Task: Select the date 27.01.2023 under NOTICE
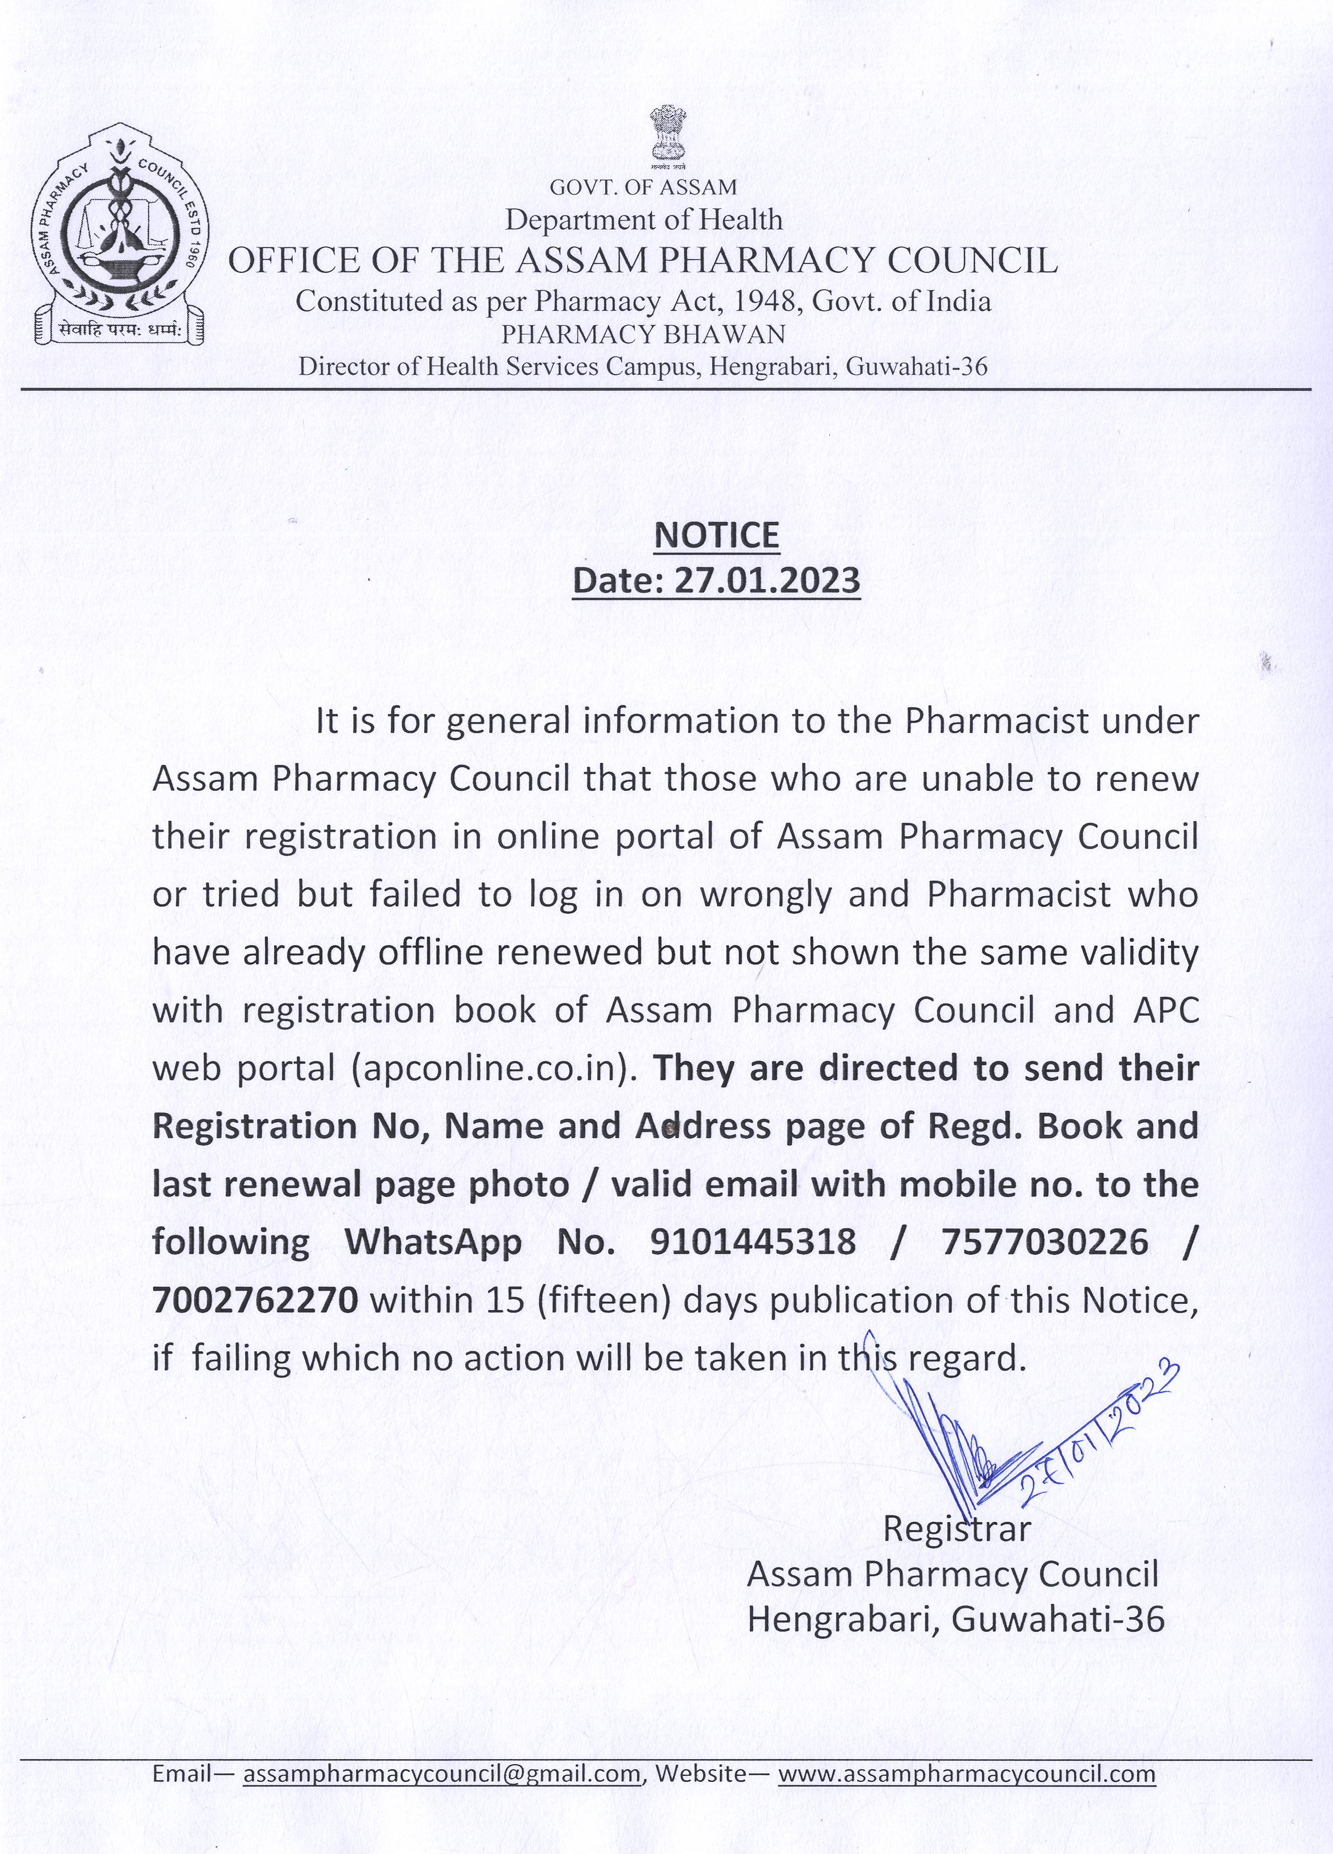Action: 766,580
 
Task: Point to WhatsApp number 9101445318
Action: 753,1243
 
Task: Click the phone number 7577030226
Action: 1044,1243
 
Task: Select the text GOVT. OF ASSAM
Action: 643,187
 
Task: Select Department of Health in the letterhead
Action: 643,219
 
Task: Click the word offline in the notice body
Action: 430,953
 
